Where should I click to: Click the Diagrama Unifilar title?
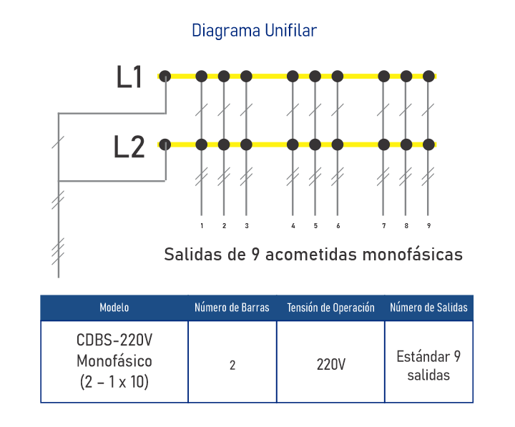(x=254, y=31)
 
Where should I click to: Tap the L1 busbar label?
(x=129, y=78)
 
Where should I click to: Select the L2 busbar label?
(x=129, y=147)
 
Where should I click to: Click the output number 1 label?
(x=202, y=226)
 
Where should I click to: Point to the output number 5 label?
(x=315, y=226)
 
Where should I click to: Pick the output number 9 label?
(x=428, y=226)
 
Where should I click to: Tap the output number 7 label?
(x=383, y=226)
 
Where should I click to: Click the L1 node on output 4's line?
(x=292, y=76)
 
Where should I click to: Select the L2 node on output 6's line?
(x=338, y=144)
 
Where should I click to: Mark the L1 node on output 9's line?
(x=428, y=76)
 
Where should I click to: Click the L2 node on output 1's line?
(x=202, y=144)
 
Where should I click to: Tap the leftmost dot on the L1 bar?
(x=165, y=76)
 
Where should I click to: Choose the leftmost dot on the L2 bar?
(x=165, y=144)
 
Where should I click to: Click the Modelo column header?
(x=114, y=308)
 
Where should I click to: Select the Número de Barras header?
(x=232, y=308)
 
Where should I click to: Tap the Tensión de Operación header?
(x=330, y=308)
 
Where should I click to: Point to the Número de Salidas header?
(x=428, y=308)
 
